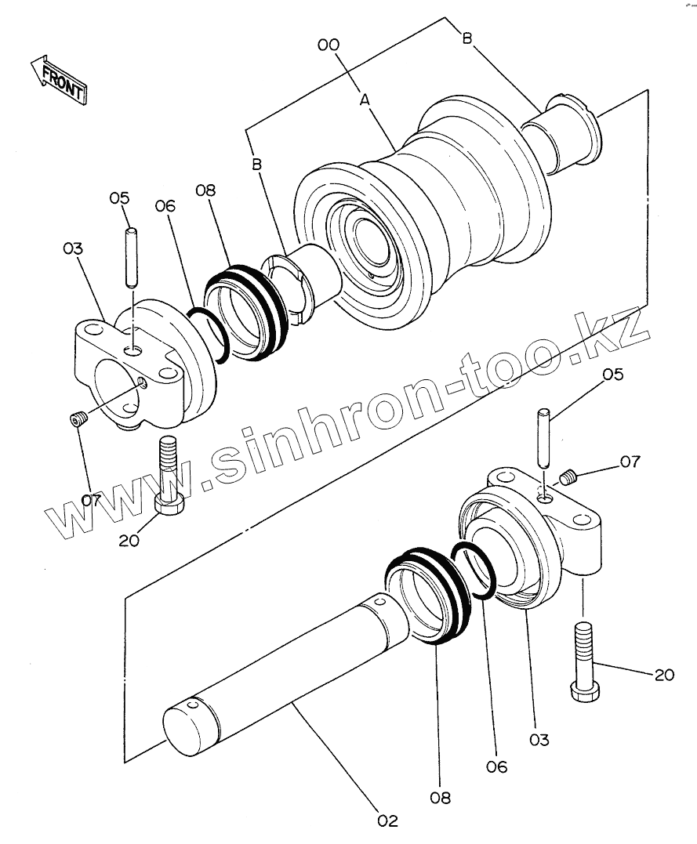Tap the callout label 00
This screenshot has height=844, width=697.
[x=329, y=45]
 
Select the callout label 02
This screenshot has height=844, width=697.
[x=387, y=820]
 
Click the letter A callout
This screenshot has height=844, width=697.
[x=365, y=100]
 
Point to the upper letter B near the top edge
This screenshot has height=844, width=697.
[x=467, y=39]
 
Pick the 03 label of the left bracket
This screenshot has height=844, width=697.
[x=73, y=248]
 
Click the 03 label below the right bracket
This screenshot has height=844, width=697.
[x=539, y=739]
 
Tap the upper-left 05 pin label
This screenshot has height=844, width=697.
[x=119, y=197]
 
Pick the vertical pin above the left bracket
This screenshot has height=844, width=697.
[x=131, y=257]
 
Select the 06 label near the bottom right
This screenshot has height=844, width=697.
[x=497, y=766]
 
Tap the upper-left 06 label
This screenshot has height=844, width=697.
[x=165, y=206]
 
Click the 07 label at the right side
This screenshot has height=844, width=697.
[x=631, y=462]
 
